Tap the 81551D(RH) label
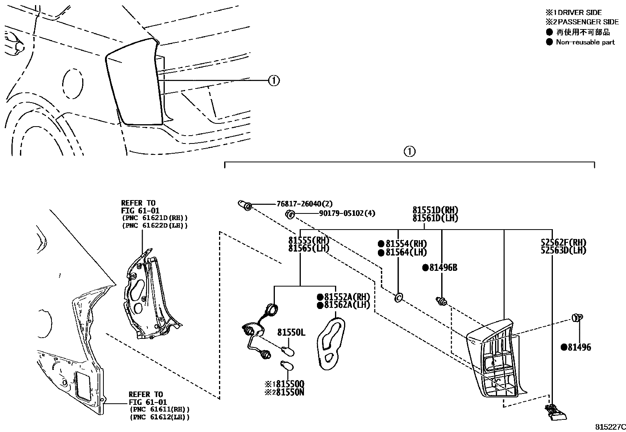(435, 210)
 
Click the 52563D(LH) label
(563, 250)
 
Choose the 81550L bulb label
(291, 333)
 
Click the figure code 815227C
(609, 427)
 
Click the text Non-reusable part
(585, 42)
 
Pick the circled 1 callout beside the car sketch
(274, 81)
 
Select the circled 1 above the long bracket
(409, 151)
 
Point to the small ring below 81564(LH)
(398, 298)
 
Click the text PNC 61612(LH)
(159, 417)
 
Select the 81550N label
(290, 392)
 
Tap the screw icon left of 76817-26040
(244, 205)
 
